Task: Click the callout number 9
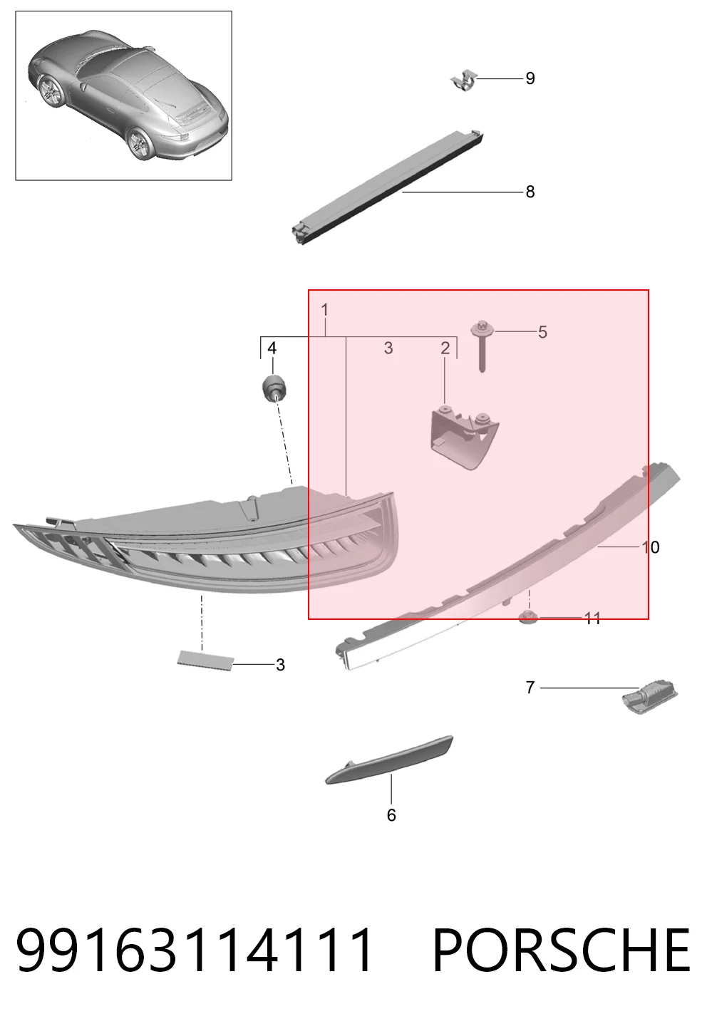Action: [x=530, y=78]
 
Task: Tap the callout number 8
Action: [x=530, y=192]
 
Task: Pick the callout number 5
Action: [x=542, y=332]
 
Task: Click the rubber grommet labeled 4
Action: [x=273, y=388]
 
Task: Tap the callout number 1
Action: [x=324, y=310]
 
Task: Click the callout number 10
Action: [x=651, y=547]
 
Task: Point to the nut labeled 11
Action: [x=528, y=617]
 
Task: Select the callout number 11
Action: [x=592, y=618]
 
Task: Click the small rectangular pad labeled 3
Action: [x=206, y=658]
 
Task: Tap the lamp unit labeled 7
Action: [x=649, y=700]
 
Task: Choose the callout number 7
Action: [x=530, y=687]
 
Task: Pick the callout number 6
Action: [x=391, y=815]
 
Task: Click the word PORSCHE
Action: [x=562, y=950]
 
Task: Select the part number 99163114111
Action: [x=194, y=950]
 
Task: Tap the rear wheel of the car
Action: [x=141, y=144]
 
